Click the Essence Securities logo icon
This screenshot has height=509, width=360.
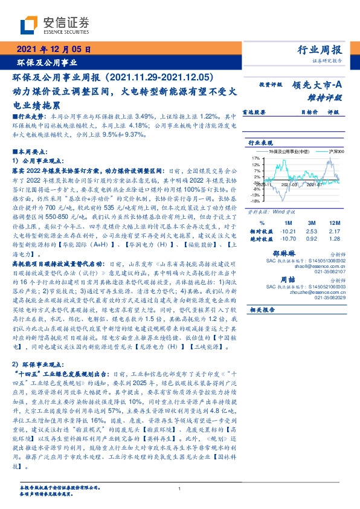pyautogui.click(x=29, y=24)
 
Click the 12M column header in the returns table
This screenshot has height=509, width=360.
pyautogui.click(x=335, y=222)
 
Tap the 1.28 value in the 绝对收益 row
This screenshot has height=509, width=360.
pyautogui.click(x=335, y=239)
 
